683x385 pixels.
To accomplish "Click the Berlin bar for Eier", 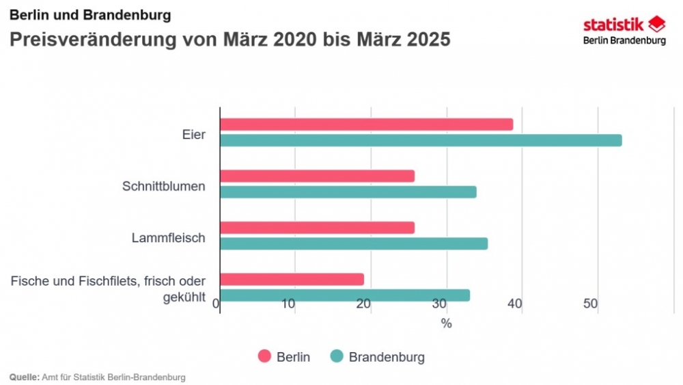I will click(367, 124).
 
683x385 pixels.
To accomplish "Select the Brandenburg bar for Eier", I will click(421, 140).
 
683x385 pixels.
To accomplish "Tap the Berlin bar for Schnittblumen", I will click(318, 176).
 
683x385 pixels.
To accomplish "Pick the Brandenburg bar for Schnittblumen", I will click(348, 192).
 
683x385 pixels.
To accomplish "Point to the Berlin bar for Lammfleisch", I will click(318, 228).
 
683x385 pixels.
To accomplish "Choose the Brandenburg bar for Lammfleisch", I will click(354, 244).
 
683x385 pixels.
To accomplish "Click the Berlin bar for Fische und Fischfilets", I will click(292, 279).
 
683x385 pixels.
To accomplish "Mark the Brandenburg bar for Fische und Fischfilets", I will click(345, 295).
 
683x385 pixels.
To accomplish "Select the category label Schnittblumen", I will click(164, 186).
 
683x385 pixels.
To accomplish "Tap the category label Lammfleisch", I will click(169, 238).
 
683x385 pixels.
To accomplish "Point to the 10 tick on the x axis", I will click(294, 304).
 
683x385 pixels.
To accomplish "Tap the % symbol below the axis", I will click(446, 324).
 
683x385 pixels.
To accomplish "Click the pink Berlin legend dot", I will click(264, 357).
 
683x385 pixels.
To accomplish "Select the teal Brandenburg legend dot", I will click(336, 357).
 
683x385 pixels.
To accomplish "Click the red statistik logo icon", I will click(656, 25).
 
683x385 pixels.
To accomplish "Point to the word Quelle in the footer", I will click(23, 377).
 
